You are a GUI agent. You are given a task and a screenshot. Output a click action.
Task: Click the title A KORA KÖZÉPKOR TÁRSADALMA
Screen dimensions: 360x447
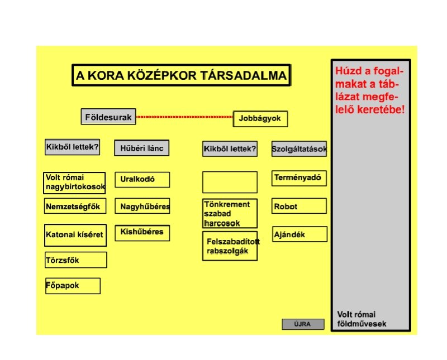pos(181,76)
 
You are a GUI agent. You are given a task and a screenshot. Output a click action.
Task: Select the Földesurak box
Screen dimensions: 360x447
pos(108,117)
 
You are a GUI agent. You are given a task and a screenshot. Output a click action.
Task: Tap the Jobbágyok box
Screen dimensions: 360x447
pos(260,119)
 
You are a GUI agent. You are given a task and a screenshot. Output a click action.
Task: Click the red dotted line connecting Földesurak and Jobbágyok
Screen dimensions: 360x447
pos(184,117)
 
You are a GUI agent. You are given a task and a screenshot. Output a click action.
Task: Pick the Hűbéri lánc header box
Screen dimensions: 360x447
pos(141,148)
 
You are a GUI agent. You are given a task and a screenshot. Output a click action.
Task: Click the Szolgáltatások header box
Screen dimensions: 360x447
pos(299,149)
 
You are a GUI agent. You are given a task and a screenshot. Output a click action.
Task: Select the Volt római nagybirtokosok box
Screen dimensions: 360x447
pos(75,183)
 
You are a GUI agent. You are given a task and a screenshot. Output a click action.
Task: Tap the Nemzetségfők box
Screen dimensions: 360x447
pos(75,207)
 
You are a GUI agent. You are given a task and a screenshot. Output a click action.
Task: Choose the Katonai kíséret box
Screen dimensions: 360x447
pos(75,235)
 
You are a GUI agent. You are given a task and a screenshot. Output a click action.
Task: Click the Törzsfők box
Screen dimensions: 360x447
pos(75,260)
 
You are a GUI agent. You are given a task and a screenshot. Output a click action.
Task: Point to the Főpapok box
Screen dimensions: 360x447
pos(73,286)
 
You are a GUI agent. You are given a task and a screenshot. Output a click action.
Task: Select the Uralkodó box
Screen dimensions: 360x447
pos(141,180)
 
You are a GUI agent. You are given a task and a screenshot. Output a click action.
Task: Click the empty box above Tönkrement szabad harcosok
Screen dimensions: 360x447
pos(230,182)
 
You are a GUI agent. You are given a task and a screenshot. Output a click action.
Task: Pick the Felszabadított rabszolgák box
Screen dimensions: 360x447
pos(230,246)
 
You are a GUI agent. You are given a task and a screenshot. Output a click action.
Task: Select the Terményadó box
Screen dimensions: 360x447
pos(299,179)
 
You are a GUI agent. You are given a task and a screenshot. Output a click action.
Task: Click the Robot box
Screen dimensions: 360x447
pos(299,207)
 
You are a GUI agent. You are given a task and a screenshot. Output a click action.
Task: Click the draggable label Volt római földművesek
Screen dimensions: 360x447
pos(362,319)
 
